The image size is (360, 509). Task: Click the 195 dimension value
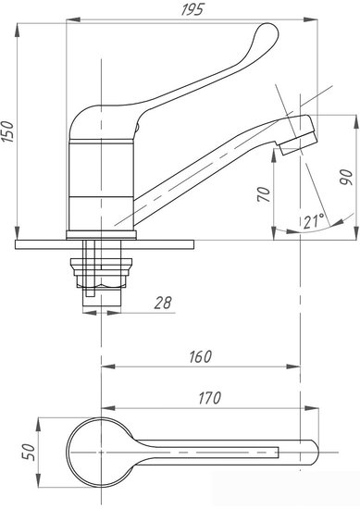pyautogui.click(x=192, y=9)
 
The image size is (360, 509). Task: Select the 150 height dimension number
pyautogui.click(x=7, y=131)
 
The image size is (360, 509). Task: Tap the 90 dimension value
pyautogui.click(x=346, y=177)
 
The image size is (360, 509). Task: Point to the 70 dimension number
pyautogui.click(x=265, y=194)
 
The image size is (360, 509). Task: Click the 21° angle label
pyautogui.click(x=314, y=221)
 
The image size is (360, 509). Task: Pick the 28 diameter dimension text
pyautogui.click(x=163, y=303)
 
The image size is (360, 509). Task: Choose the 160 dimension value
pyautogui.click(x=200, y=356)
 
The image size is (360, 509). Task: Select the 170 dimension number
pyautogui.click(x=209, y=398)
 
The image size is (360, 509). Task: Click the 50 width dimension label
pyautogui.click(x=29, y=452)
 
